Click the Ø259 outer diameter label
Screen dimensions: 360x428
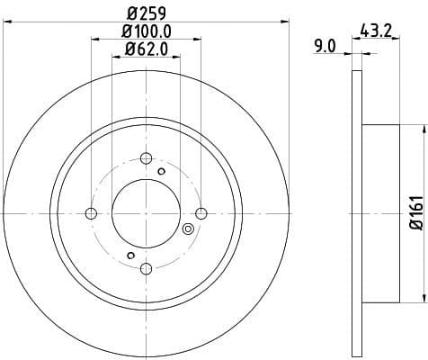click(146, 14)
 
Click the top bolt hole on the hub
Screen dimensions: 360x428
click(146, 158)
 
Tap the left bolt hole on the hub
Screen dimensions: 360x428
click(91, 213)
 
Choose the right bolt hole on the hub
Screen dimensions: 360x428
click(201, 213)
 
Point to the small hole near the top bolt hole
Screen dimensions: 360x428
click(161, 170)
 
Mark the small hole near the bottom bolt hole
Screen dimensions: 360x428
click(130, 256)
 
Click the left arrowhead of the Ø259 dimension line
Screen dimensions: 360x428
click(7, 22)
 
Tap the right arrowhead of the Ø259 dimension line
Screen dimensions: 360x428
click(285, 22)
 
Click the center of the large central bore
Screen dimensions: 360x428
click(146, 213)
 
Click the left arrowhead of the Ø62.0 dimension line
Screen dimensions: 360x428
click(115, 56)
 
